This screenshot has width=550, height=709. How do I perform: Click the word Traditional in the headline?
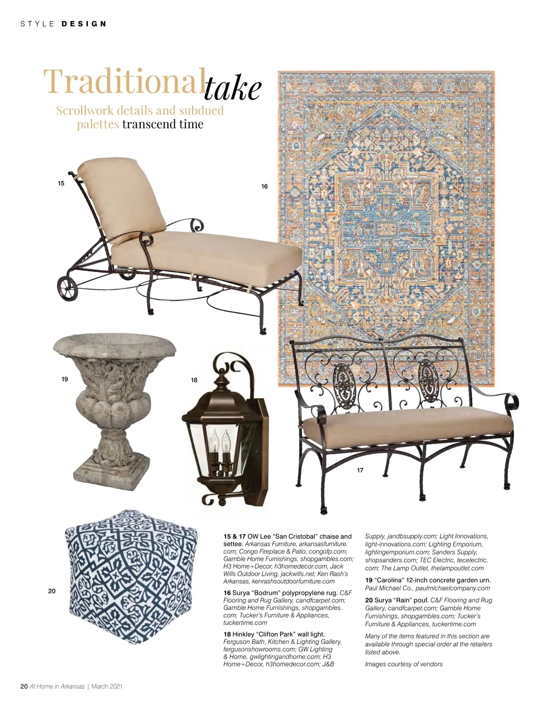tap(124, 81)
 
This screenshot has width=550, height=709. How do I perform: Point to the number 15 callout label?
tap(61, 183)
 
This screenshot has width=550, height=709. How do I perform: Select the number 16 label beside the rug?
tap(264, 186)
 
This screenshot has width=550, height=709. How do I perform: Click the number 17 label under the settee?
tap(360, 470)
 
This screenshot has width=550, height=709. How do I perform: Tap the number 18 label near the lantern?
tap(194, 380)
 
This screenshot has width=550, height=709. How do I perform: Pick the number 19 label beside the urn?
tap(65, 379)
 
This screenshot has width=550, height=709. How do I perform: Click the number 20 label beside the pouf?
tap(52, 591)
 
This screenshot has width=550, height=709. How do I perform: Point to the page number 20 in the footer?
tap(24, 686)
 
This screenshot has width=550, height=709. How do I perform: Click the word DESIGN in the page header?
tap(84, 24)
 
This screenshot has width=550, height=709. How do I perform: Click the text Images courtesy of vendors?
tap(404, 664)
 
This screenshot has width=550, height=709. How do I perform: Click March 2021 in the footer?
tap(107, 686)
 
